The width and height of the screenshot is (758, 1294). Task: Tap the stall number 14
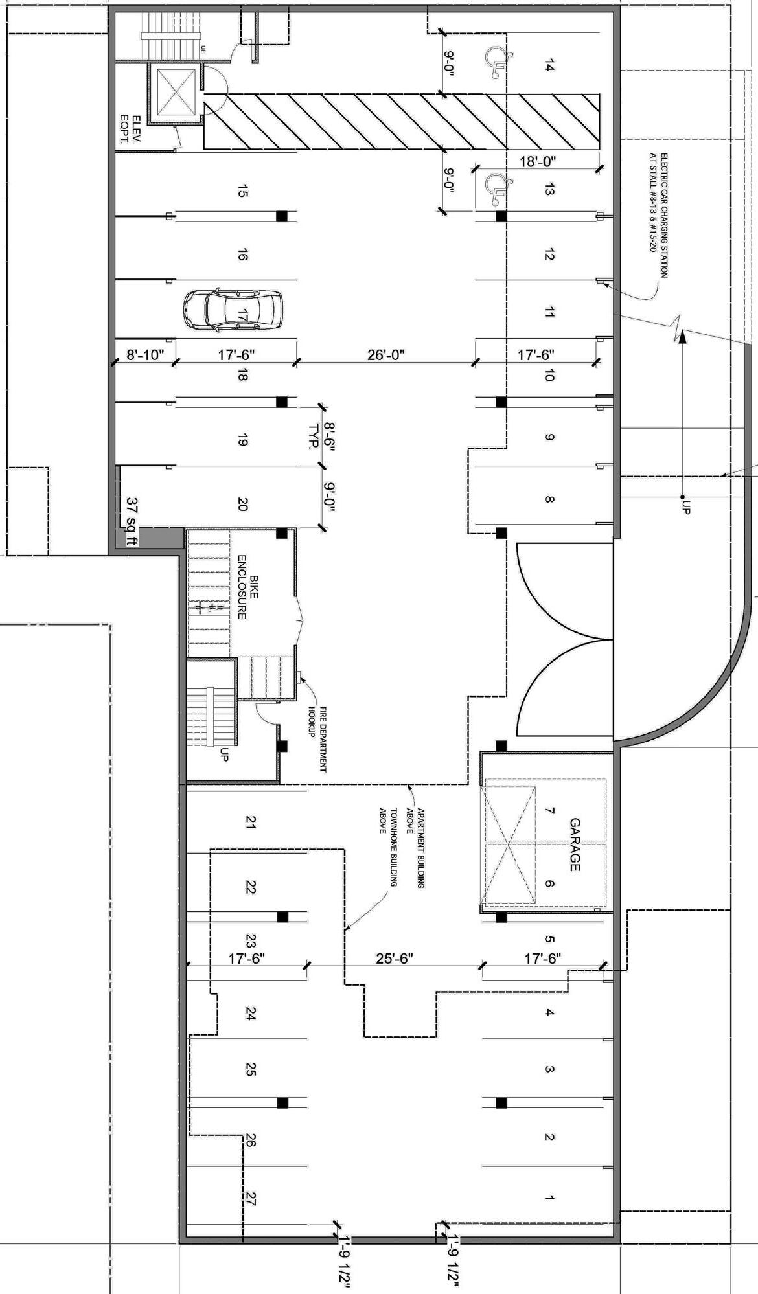pos(549,65)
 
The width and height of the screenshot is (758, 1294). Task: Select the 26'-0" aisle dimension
pos(386,355)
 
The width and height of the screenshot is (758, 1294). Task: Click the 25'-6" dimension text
pos(395,958)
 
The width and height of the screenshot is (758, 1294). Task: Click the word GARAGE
pos(575,844)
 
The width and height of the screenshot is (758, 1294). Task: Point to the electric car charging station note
pos(658,215)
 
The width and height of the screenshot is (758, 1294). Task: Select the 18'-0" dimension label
pos(538,161)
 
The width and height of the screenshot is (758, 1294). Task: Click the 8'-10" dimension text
pos(142,355)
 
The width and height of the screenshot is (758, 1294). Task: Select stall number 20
pos(242,504)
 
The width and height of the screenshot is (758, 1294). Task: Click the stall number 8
pos(549,499)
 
